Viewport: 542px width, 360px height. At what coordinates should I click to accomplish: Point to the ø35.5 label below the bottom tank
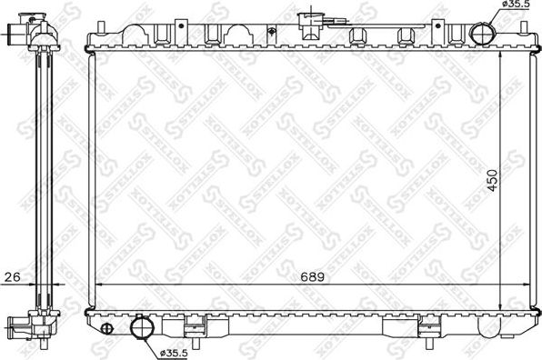(175, 352)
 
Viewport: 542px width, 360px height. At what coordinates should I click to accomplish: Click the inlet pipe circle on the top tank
(484, 35)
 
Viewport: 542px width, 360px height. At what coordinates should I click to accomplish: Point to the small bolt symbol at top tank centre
(272, 34)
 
